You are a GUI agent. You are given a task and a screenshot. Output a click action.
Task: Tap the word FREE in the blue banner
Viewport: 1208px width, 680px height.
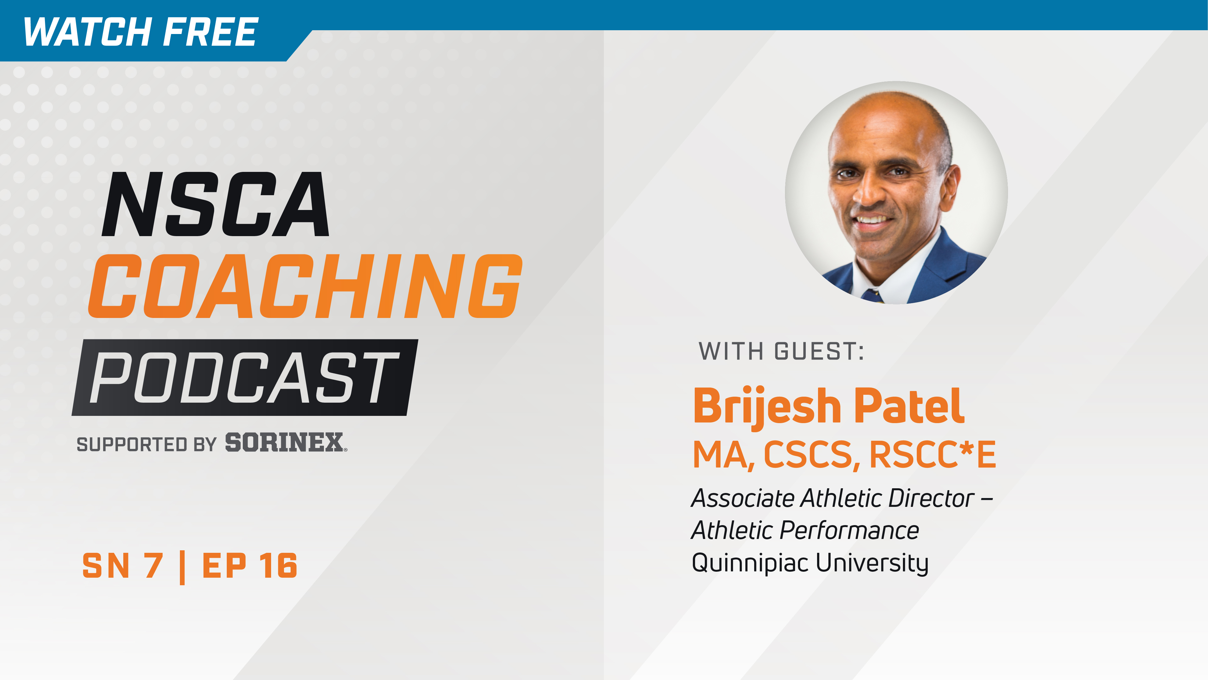210,32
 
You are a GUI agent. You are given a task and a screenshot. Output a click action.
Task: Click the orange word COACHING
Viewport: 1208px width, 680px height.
305,286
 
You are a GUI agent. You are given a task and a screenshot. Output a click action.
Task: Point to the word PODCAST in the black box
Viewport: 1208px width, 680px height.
244,378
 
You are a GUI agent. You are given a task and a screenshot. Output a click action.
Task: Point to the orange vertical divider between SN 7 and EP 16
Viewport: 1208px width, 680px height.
182,567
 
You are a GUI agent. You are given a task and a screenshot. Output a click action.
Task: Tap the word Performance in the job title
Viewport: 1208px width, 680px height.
849,530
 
